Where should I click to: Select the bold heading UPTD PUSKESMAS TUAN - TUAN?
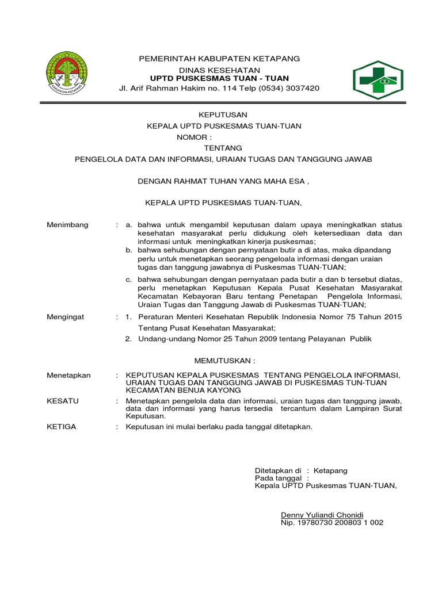coord(219,78)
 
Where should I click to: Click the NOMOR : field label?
coord(194,137)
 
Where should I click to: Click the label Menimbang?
coord(67,225)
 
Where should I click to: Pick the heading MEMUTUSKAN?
coord(224,360)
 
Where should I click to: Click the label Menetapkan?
coord(68,375)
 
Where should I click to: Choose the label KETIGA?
coord(61,427)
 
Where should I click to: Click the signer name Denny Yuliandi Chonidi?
coord(322,515)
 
